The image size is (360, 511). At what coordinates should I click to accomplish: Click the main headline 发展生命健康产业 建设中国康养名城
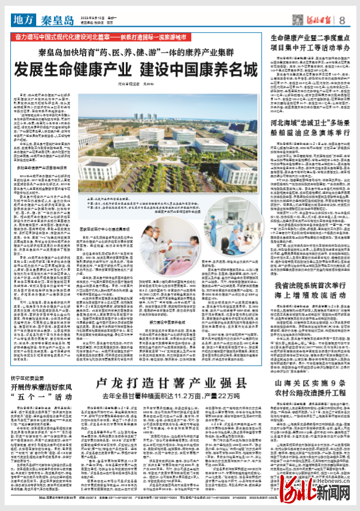(136, 70)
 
